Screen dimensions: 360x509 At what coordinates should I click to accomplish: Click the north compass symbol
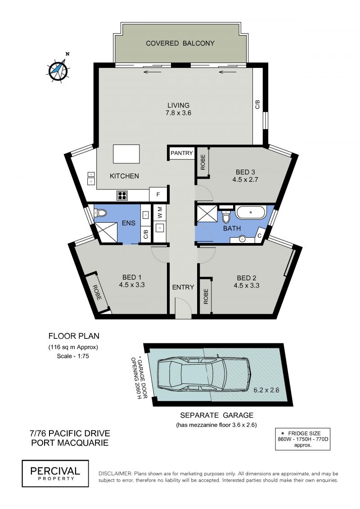59,69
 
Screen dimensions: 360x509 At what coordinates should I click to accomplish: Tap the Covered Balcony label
180,43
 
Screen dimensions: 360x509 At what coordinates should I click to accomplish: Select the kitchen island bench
126,154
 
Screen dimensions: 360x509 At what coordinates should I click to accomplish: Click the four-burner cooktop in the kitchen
122,195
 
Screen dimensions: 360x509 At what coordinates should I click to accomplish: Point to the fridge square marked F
158,194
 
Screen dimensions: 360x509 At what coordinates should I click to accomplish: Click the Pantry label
181,153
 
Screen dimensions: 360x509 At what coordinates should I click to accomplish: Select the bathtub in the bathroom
251,212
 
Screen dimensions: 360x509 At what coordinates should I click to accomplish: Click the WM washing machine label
160,212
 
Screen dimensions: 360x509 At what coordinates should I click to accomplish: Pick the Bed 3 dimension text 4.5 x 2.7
245,179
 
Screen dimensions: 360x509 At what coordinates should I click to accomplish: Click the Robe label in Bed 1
96,292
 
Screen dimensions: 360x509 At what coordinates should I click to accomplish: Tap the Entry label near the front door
183,287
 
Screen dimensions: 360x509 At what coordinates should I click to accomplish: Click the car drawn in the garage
204,374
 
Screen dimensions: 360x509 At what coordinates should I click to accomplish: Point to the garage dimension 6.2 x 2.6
266,390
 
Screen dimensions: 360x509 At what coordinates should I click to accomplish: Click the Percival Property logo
55,473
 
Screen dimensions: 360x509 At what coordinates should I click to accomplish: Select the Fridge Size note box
302,439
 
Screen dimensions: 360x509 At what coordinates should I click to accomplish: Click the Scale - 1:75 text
73,356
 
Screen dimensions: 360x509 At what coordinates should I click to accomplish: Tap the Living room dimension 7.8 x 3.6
179,113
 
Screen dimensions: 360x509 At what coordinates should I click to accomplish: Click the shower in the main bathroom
206,214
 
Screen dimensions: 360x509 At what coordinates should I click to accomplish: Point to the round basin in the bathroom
242,239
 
